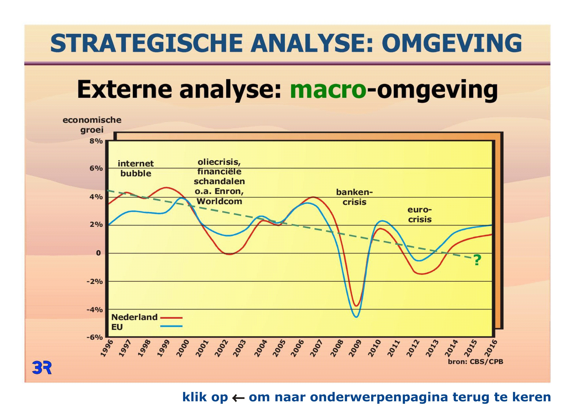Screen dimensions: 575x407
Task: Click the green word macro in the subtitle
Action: pos(328,89)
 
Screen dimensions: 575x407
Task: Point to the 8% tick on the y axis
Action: pos(96,141)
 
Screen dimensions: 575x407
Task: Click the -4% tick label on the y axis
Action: pos(95,310)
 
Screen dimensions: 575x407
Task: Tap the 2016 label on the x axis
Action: pos(491,348)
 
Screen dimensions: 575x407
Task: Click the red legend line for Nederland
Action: pos(171,318)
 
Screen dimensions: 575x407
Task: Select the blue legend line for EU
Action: pos(171,326)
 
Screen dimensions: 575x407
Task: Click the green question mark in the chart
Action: pos(477,260)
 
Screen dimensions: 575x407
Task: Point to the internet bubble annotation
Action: pos(136,168)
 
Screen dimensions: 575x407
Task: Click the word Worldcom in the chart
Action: pos(219,201)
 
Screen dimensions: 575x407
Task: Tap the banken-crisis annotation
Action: pos(354,197)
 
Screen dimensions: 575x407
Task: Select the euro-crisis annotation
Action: pos(420,215)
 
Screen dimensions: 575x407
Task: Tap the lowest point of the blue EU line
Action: pos(357,317)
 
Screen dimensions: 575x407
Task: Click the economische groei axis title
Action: pos(92,125)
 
